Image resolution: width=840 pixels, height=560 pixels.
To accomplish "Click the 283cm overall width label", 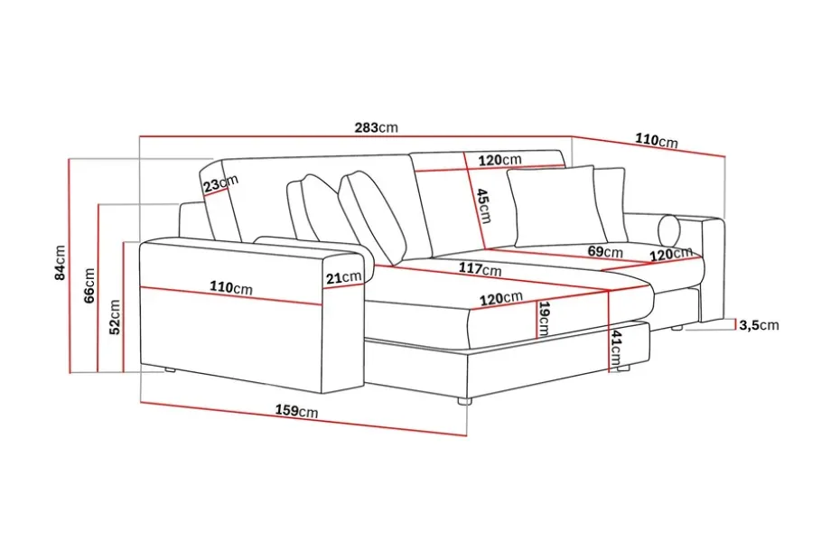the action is (376, 127).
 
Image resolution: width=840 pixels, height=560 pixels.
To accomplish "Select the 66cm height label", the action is (89, 285).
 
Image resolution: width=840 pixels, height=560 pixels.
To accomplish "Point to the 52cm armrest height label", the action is (115, 317).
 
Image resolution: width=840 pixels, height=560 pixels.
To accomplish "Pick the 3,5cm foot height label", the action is (759, 325).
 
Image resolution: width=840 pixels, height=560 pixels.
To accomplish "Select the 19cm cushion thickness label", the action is (544, 319).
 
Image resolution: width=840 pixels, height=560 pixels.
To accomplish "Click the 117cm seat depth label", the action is (480, 268).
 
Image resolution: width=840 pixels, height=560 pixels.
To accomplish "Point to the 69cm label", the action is (605, 251).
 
